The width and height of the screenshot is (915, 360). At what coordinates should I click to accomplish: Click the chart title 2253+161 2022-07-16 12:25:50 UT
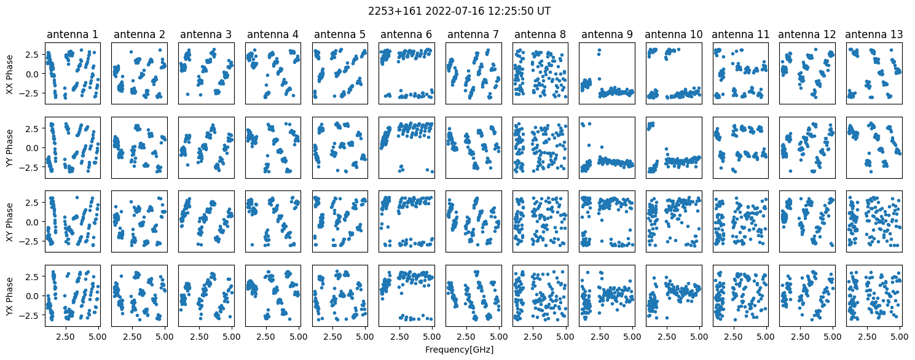[459, 11]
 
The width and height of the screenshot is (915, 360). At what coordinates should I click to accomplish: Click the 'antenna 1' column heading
[73, 34]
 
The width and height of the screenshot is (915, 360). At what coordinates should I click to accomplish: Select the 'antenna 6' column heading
[406, 34]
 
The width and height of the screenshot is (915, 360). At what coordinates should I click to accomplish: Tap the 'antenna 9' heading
[607, 34]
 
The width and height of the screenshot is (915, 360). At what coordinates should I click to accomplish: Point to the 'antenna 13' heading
[874, 34]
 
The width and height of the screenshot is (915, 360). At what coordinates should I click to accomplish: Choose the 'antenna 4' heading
[273, 34]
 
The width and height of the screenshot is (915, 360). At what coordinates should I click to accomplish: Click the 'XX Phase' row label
[9, 74]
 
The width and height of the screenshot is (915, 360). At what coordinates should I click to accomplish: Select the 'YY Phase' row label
[9, 148]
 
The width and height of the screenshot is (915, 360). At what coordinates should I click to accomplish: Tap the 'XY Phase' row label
[9, 222]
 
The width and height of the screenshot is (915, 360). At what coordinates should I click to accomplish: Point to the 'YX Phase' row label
[9, 296]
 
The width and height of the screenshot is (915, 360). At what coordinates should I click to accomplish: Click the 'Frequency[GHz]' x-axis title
[459, 350]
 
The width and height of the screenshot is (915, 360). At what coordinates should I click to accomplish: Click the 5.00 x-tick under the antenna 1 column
[98, 337]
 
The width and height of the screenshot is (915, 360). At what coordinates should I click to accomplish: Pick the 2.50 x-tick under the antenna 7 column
[466, 337]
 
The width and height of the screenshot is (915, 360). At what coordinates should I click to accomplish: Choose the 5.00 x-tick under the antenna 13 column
[899, 337]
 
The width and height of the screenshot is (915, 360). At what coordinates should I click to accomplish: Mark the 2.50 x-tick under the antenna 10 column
[666, 337]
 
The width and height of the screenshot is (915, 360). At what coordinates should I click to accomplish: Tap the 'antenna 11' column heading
[740, 34]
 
